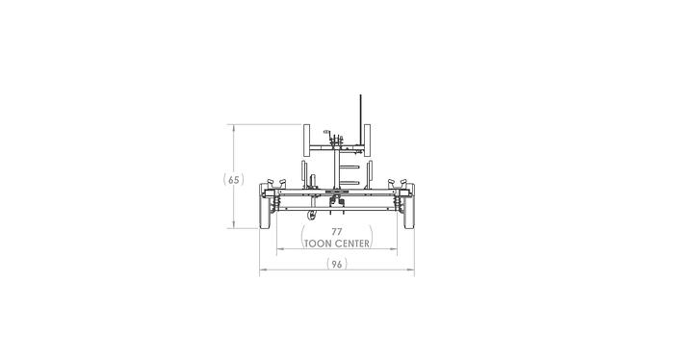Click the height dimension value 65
pos(234,179)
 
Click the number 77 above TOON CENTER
pos(336,232)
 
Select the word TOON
pos(318,244)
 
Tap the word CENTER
pos(351,244)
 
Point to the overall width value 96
pos(336,264)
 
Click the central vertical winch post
pos(336,168)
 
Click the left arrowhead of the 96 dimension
pos(261,270)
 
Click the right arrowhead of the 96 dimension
pos(412,270)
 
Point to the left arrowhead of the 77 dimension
pos(279,249)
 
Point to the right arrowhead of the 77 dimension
pos(394,249)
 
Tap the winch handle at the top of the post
pos(329,133)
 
